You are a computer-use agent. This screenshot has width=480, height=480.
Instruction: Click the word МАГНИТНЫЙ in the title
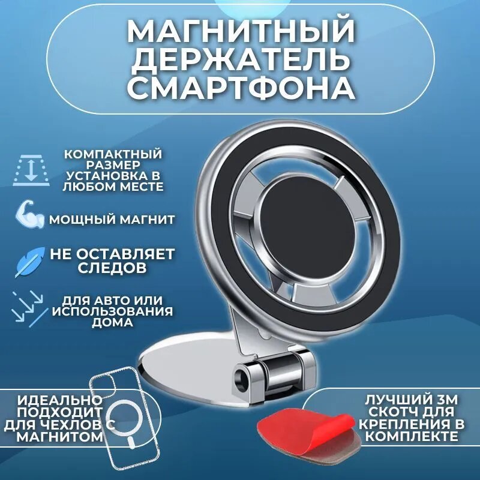[x=240, y=31]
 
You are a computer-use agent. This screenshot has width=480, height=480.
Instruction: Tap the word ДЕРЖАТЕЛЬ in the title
[x=240, y=60]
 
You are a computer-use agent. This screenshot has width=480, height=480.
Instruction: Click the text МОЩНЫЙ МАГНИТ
[x=112, y=220]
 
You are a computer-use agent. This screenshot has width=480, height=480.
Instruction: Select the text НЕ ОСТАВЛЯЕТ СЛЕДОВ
[x=112, y=259]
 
